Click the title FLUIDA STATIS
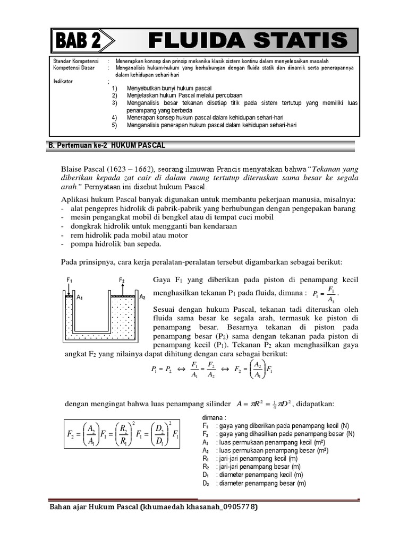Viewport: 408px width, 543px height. [248, 40]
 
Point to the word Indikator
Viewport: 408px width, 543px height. [64, 82]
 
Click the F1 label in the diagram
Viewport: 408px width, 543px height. [69, 279]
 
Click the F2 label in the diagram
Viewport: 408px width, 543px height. [122, 279]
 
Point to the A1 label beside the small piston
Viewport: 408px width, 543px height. [80, 298]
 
